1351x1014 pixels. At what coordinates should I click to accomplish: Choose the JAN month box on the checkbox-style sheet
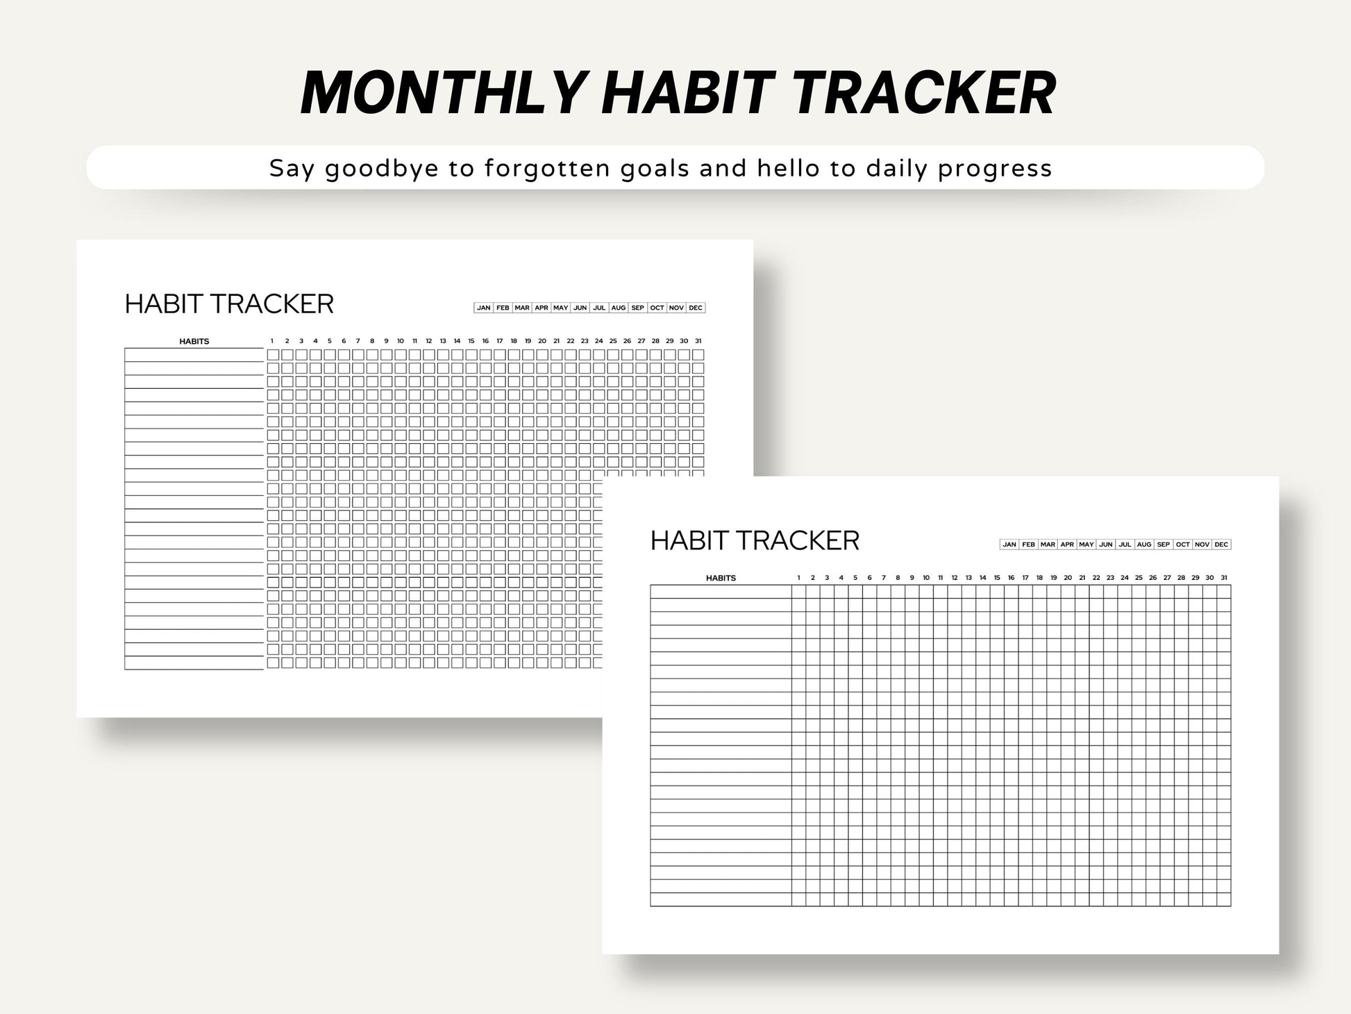[x=484, y=308]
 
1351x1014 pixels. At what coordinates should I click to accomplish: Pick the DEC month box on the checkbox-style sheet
[x=696, y=308]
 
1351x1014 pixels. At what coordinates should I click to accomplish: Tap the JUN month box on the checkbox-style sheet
[x=580, y=308]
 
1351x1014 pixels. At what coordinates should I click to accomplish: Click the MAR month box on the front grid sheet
[x=1048, y=545]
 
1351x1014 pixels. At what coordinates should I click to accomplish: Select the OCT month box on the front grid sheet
[x=1182, y=545]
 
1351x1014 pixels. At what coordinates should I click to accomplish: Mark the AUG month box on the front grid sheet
[x=1144, y=545]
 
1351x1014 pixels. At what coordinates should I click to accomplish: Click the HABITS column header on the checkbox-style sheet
[x=194, y=342]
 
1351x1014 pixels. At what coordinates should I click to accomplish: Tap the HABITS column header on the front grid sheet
[x=721, y=578]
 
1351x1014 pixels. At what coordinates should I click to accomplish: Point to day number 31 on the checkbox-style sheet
[x=698, y=341]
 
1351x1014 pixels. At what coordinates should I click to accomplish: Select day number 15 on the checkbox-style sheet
[x=471, y=341]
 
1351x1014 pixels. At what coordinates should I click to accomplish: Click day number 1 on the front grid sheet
[x=799, y=578]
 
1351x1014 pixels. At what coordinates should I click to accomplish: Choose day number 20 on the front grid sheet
[x=1068, y=578]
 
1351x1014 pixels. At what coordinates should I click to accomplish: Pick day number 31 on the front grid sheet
[x=1224, y=578]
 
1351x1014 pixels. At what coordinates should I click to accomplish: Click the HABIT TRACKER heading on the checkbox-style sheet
[x=229, y=304]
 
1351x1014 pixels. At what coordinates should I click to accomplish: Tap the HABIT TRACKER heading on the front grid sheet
[x=755, y=540]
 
